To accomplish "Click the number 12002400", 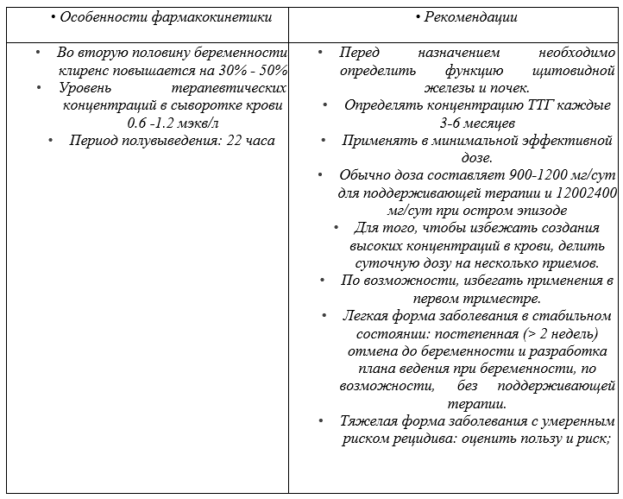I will [x=576, y=193].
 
